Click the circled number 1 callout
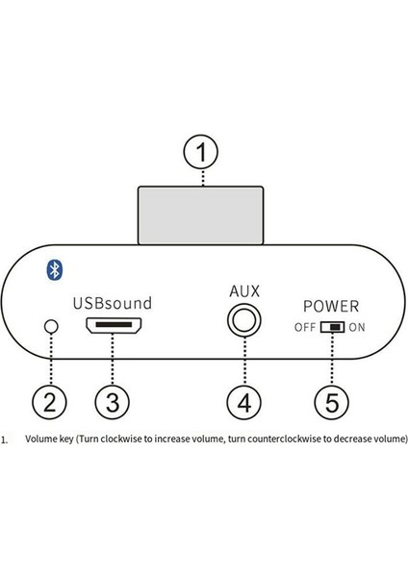(202, 153)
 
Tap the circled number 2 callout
(51, 401)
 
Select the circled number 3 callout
(113, 401)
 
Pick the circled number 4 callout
(244, 401)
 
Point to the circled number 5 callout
(332, 401)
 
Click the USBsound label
(113, 303)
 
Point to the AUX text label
(244, 289)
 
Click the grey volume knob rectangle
(202, 218)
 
